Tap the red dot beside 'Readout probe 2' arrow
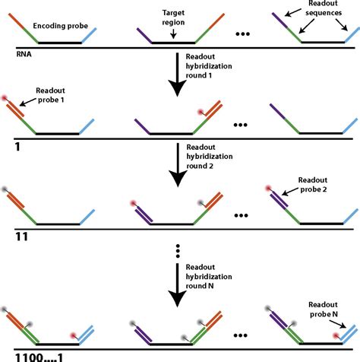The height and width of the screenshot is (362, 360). pyautogui.click(x=267, y=186)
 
